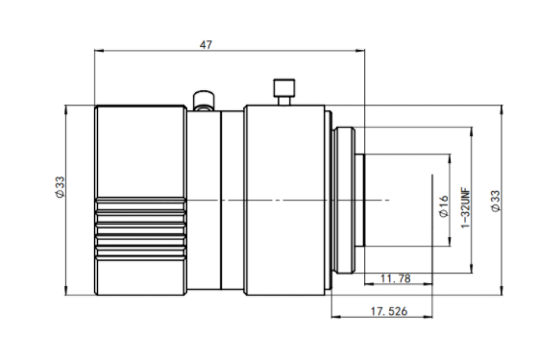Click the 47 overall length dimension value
tap(206, 45)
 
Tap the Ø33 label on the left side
tap(60, 187)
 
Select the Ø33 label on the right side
tap(496, 202)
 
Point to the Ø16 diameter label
tap(444, 206)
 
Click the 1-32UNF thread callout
tap(465, 207)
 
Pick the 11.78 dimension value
tap(396, 278)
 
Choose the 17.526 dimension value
tap(389, 311)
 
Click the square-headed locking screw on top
tap(284, 91)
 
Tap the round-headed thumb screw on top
tap(204, 101)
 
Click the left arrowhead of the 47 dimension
tap(99, 51)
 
